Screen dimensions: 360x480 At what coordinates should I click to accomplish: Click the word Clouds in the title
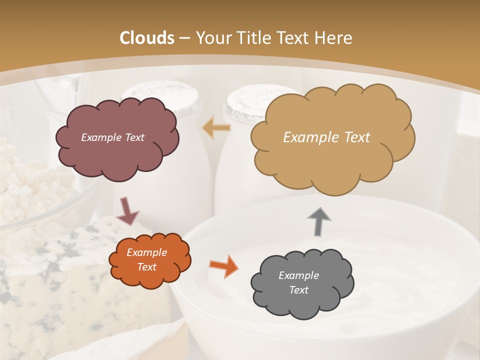[147, 38]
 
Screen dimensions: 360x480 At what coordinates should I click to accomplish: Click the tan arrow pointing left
[216, 128]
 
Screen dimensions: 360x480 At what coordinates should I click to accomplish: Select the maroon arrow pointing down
[127, 211]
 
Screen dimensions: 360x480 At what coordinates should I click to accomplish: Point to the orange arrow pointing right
[223, 266]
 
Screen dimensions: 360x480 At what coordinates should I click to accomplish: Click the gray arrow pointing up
[319, 221]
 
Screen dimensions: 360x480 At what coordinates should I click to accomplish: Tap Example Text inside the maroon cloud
[112, 137]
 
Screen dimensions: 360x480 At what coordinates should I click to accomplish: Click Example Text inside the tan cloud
[326, 137]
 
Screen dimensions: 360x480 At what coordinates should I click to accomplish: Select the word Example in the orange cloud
[146, 253]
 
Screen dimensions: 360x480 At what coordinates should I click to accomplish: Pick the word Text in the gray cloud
[298, 290]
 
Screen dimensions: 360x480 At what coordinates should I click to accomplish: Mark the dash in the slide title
[184, 38]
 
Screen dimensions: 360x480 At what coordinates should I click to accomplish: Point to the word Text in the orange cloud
[146, 267]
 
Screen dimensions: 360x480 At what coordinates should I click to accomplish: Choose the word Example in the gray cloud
[298, 275]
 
